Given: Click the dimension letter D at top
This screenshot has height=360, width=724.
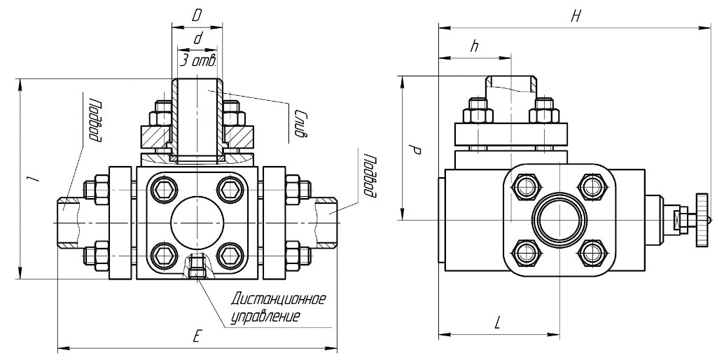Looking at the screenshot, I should pos(197,13).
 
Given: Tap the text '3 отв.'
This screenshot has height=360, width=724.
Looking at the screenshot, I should pos(196,61).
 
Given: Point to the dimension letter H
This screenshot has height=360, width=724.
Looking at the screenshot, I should pos(576,16).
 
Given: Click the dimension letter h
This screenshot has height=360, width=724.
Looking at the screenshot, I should pos(475,46).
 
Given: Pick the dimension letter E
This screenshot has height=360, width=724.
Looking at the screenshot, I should pos(198,337).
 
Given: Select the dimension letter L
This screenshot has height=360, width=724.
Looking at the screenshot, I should pos(498,324).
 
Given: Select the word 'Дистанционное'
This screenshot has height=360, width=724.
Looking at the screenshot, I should pos(279,300).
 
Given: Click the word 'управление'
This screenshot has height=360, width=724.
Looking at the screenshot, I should pos(265,317).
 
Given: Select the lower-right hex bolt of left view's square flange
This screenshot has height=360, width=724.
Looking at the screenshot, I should pos(230,254).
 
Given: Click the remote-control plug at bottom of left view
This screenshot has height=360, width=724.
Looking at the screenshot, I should pos(197,266).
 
